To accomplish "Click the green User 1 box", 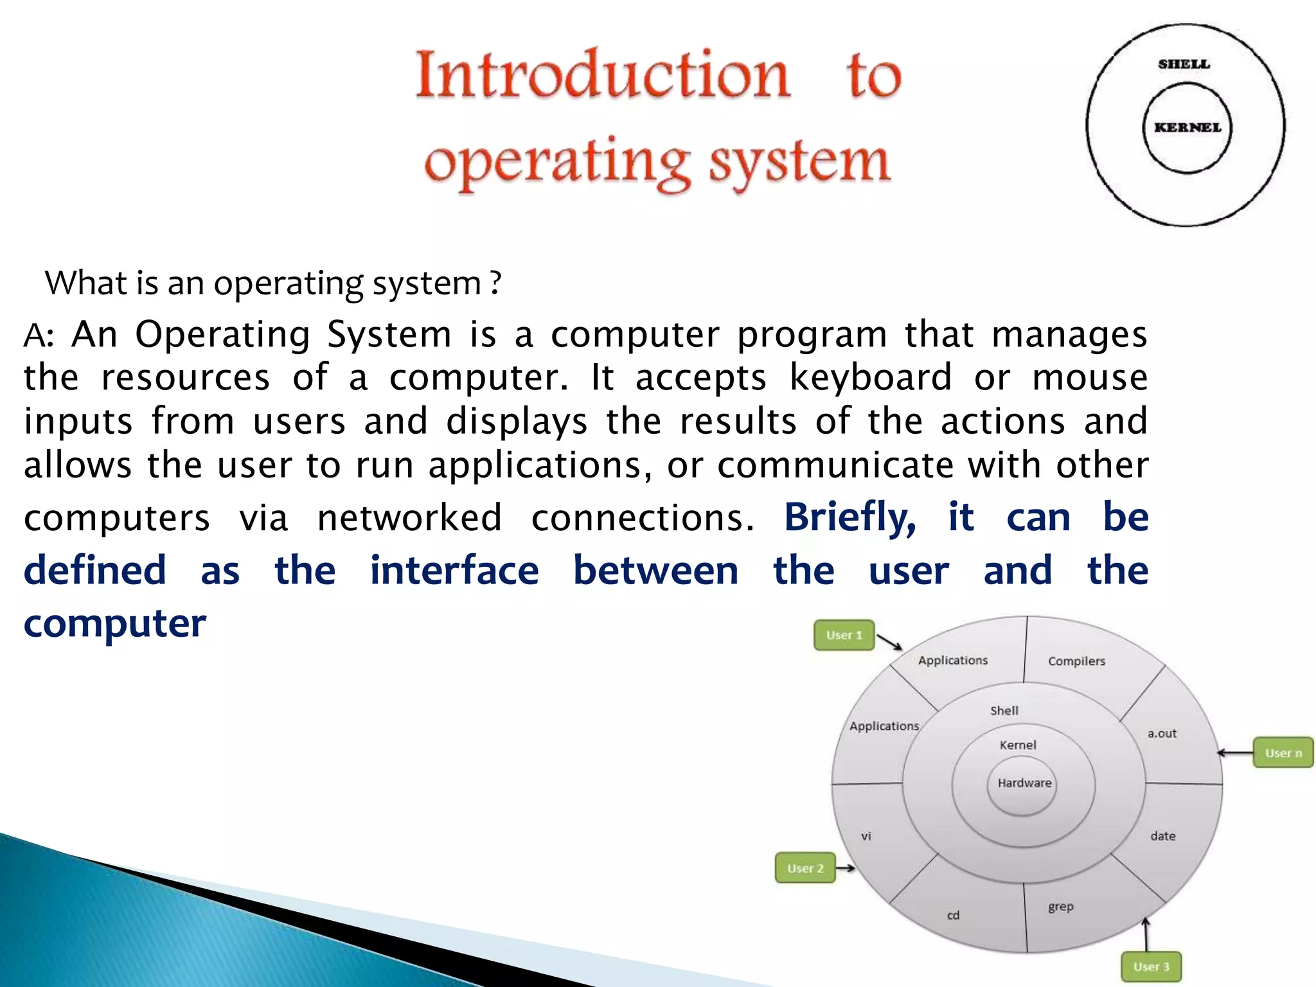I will pos(844,635).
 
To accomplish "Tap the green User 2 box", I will pos(805,868).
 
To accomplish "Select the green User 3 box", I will pos(1151,966).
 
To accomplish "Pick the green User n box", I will pos(1283,752).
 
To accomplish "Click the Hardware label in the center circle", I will pos(1024,783).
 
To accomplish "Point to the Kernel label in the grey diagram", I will pos(1018,745).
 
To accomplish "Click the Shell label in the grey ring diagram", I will pos(1004,710).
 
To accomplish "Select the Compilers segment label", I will pos(1076,661).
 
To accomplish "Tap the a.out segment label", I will pos(1162,733).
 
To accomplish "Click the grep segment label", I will pos(1061,907).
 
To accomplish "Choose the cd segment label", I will pos(953,915).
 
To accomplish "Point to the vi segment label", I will pos(866,836).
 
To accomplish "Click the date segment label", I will pos(1162,836).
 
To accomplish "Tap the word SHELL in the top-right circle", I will pos(1184,64).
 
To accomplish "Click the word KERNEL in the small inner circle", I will pos(1187,127).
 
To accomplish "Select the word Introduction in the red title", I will pos(602,75).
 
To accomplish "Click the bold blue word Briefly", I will pos(849,517).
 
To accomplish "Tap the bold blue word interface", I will pos(454,571).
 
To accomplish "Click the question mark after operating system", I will pos(495,283).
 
